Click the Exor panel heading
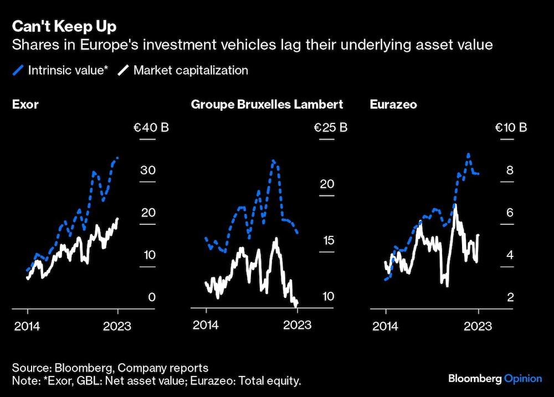click(25, 104)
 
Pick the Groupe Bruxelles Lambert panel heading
click(266, 104)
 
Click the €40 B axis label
click(151, 128)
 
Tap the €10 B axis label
click(511, 128)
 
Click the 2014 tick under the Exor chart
click(27, 326)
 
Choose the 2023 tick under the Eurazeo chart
click(478, 326)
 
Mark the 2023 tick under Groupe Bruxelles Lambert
click(297, 326)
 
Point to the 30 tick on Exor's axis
click(147, 171)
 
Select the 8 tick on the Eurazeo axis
click(510, 171)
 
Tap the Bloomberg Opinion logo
click(495, 379)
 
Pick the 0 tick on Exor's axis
click(151, 297)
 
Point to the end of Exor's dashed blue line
click(117, 158)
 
